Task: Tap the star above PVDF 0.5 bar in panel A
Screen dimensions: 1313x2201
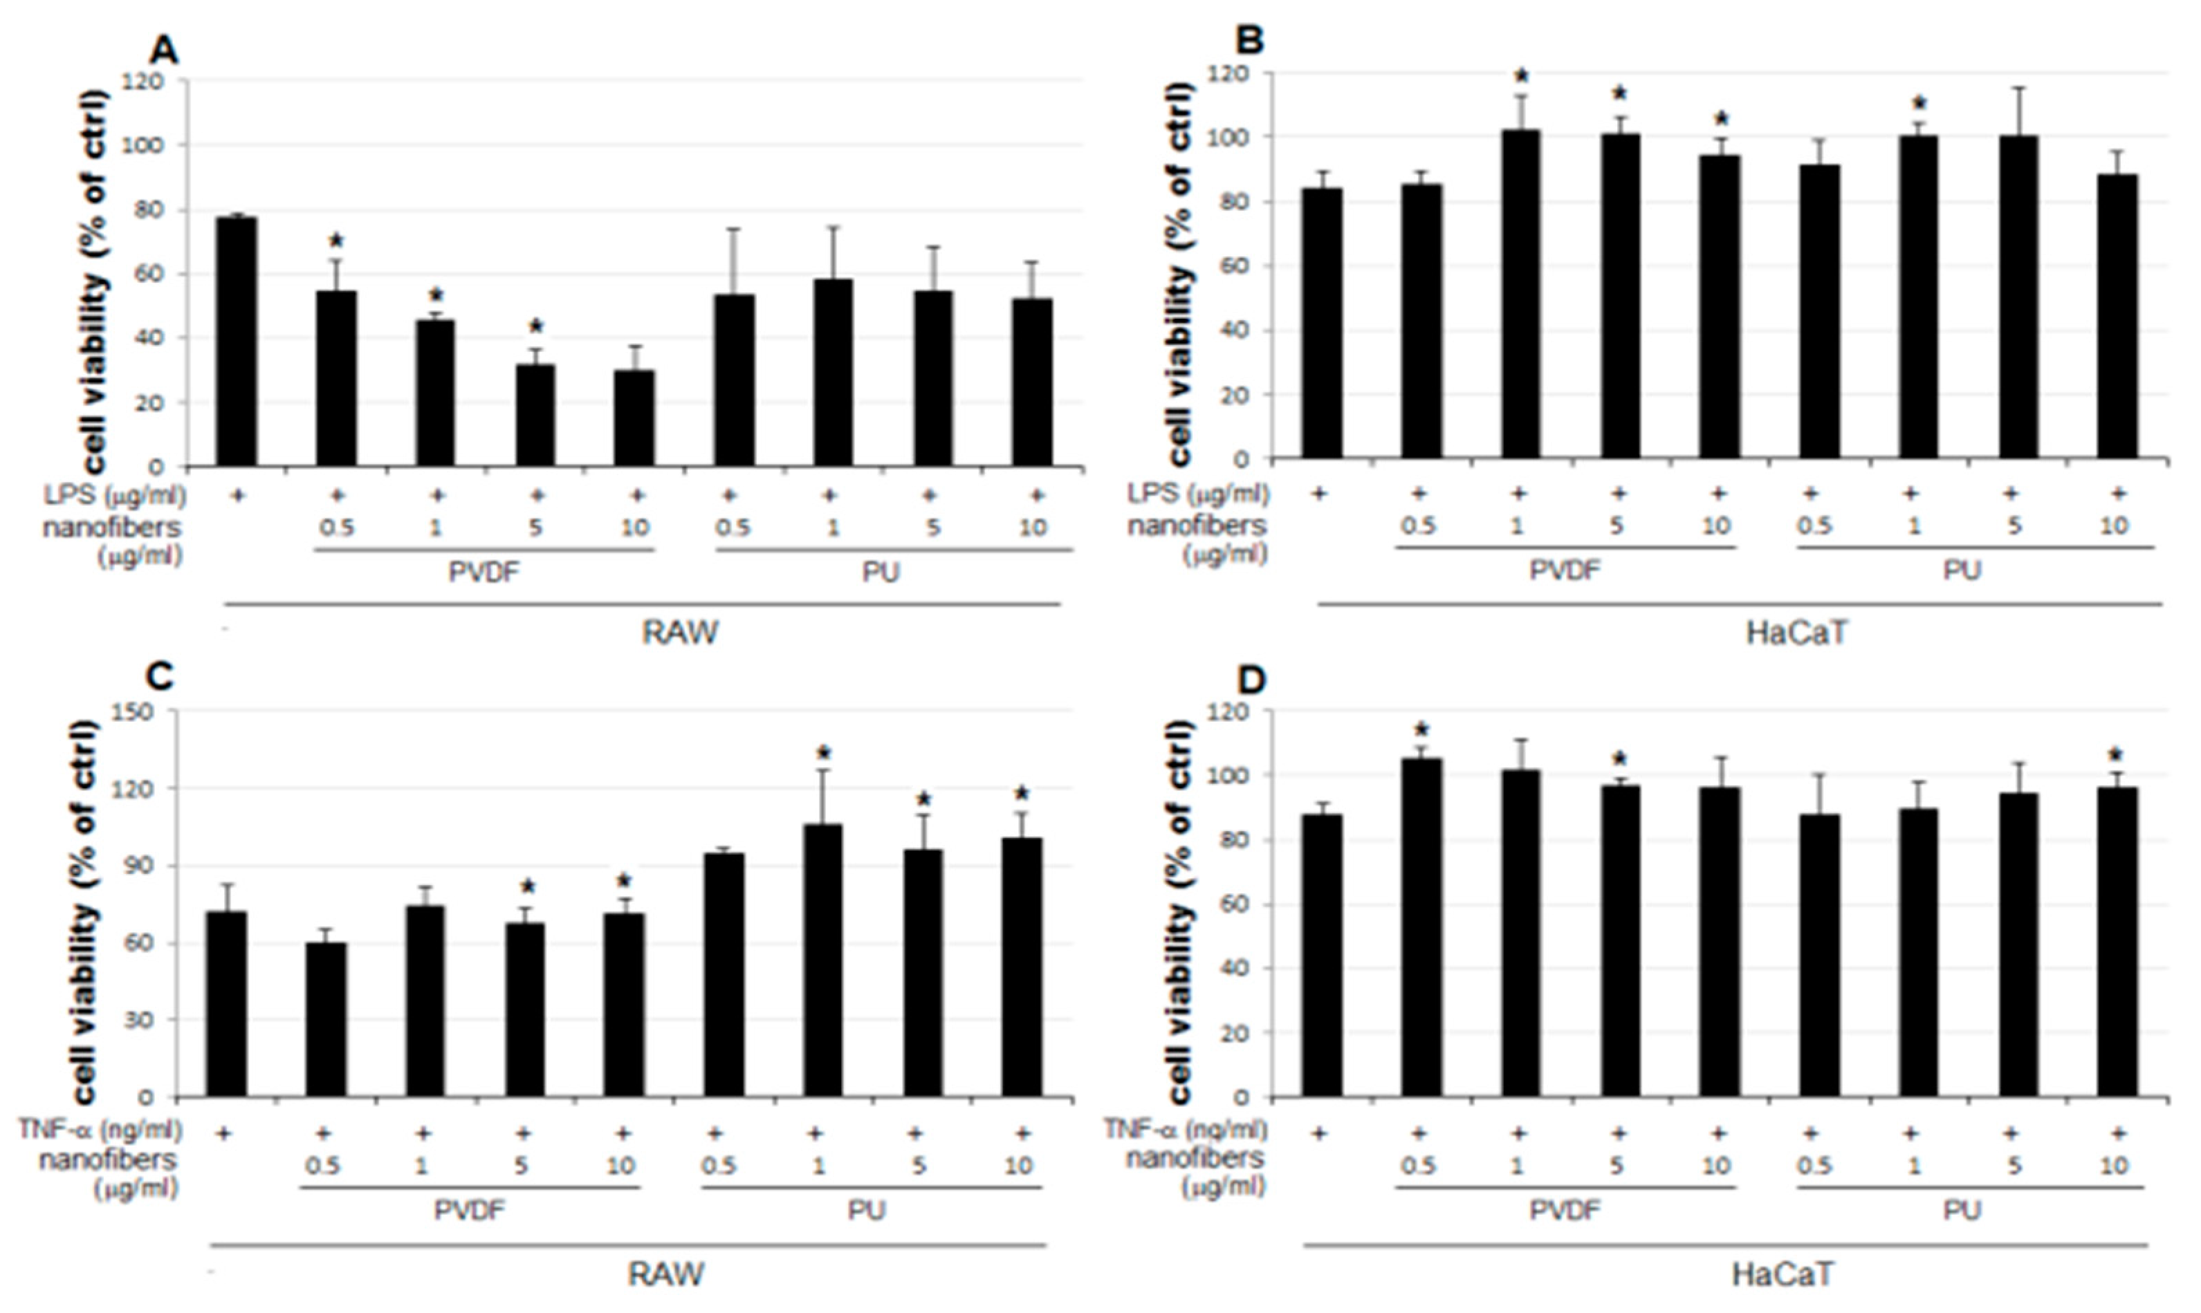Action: (x=336, y=241)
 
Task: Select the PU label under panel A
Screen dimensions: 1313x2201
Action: (x=881, y=572)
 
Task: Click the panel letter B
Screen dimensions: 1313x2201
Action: (x=1254, y=41)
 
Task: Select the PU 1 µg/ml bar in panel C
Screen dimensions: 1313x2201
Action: (x=823, y=960)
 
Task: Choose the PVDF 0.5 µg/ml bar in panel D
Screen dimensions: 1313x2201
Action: (x=1421, y=927)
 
